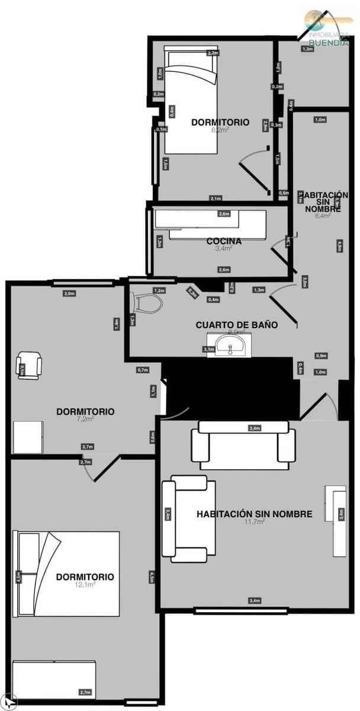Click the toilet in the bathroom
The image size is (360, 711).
[x=149, y=303]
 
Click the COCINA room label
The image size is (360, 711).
[x=223, y=241]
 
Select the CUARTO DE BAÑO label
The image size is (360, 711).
[x=237, y=325]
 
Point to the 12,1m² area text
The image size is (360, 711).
[x=86, y=584]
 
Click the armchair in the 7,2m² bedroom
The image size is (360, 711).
[x=29, y=365]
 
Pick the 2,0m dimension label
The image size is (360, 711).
[x=69, y=294]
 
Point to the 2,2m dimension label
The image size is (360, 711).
[x=213, y=53]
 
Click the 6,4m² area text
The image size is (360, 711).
[x=323, y=216]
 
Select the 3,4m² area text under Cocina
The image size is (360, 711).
[x=223, y=249]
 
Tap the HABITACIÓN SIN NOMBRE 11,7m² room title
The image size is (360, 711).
[x=254, y=514]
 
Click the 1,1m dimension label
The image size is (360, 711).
[x=153, y=391]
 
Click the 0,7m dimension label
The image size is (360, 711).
[x=142, y=370]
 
